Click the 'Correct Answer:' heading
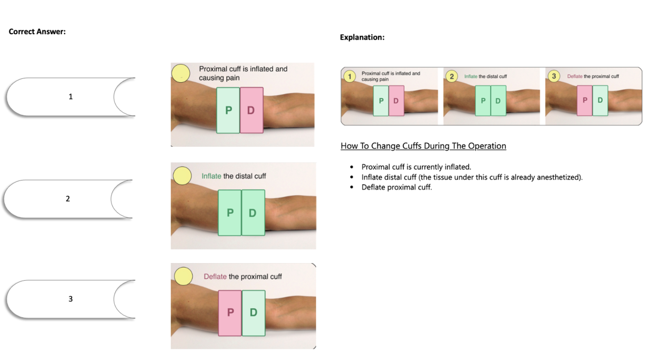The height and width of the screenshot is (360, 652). click(x=37, y=32)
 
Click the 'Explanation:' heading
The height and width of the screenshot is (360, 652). click(x=362, y=37)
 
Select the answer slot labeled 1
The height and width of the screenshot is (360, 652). click(x=70, y=97)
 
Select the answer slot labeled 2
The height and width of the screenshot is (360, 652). click(x=67, y=199)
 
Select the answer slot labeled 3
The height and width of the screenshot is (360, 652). click(x=70, y=299)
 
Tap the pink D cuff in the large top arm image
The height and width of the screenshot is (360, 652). click(x=251, y=110)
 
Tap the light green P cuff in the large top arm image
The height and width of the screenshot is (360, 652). click(x=228, y=110)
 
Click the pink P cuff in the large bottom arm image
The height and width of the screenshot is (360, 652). click(x=230, y=313)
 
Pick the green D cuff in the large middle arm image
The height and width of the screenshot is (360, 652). click(x=253, y=213)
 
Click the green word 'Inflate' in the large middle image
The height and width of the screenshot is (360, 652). click(x=211, y=176)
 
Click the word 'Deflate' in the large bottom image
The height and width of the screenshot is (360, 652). click(x=215, y=276)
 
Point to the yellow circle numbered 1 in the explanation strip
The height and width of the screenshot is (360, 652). click(x=350, y=76)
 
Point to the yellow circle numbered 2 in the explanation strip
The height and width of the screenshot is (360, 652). click(x=452, y=76)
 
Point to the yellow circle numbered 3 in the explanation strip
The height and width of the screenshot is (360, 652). click(x=554, y=76)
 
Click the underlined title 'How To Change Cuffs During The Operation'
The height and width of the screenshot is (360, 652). click(x=423, y=146)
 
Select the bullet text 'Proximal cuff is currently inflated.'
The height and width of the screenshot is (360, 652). click(x=416, y=167)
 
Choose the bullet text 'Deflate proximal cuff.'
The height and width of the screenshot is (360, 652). click(x=396, y=187)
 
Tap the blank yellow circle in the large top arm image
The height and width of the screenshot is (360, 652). click(x=181, y=73)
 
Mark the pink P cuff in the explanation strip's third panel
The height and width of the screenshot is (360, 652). click(x=585, y=101)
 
